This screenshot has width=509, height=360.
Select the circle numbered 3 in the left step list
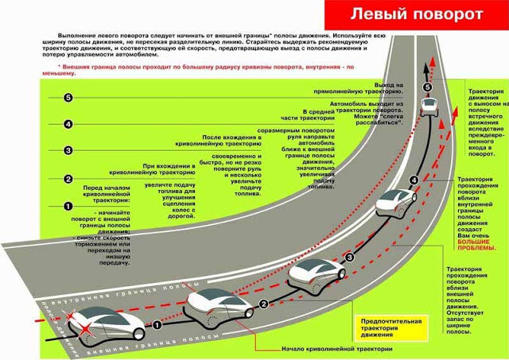[x=68, y=150]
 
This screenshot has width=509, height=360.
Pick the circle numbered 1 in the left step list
[x=68, y=207]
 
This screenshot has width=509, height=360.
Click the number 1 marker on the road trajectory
[x=157, y=324]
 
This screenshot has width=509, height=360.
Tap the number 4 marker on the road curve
[x=413, y=180]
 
